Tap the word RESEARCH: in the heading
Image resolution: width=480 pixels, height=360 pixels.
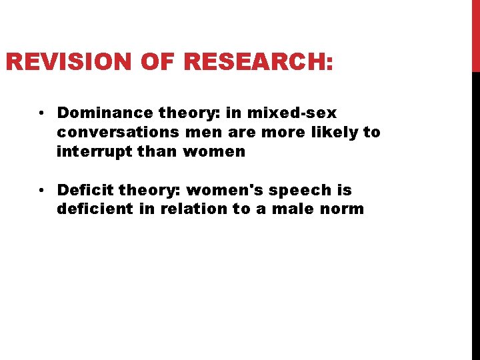[x=257, y=63]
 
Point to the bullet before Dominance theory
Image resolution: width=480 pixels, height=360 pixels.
[x=41, y=113]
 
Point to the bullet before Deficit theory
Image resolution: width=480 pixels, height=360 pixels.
[x=41, y=191]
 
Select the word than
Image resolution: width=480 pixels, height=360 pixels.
[x=159, y=151]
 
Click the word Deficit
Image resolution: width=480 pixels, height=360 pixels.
[x=85, y=191]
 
